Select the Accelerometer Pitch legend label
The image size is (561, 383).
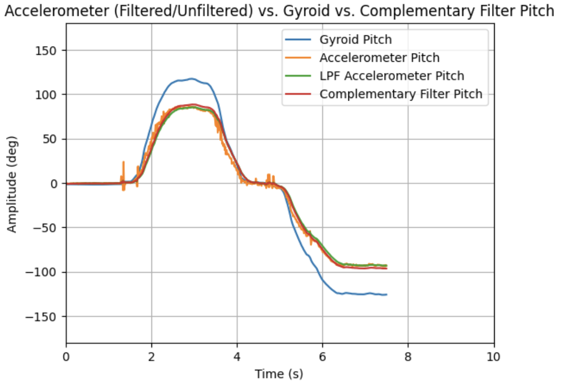point(379,58)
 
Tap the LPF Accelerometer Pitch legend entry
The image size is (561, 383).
point(392,76)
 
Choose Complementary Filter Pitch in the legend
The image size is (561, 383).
point(401,94)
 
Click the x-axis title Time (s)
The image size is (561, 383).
point(279,374)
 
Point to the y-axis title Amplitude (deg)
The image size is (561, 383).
point(12,183)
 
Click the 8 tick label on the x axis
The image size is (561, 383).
point(408,356)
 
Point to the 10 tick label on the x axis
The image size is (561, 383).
point(493,356)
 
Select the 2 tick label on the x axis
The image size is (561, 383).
point(151,356)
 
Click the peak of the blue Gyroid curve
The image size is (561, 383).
point(192,79)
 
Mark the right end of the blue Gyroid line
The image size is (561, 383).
point(387,295)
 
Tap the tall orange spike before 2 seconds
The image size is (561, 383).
point(123,162)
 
